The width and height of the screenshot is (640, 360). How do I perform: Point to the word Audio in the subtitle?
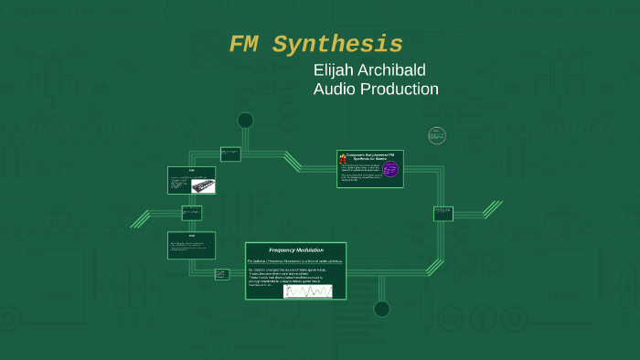tap(333, 90)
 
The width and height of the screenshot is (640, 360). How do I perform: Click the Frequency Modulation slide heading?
tap(295, 249)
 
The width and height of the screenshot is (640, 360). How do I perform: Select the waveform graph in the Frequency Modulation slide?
tap(307, 291)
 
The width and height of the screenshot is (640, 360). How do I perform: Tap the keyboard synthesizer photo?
tap(203, 185)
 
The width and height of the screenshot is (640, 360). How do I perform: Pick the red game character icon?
tap(343, 159)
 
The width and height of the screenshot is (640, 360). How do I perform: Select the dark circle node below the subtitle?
tap(245, 121)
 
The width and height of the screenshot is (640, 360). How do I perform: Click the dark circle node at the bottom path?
tap(381, 309)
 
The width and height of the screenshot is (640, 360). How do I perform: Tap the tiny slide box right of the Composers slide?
tap(443, 214)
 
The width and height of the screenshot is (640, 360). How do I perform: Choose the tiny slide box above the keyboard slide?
tap(230, 154)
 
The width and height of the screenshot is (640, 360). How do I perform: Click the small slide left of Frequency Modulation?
tap(221, 274)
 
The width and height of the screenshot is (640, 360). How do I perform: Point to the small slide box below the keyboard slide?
tap(191, 212)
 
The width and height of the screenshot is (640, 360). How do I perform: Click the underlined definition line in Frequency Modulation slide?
tap(295, 261)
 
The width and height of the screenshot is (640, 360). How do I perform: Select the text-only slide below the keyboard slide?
tap(191, 245)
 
